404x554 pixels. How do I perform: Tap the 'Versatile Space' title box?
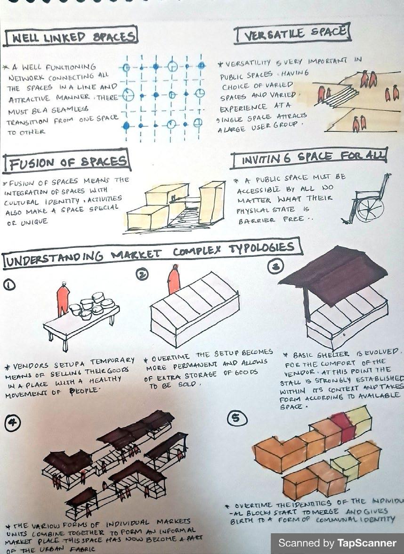point(292,33)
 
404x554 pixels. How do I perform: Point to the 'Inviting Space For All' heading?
point(309,157)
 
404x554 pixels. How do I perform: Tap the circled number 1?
point(9,285)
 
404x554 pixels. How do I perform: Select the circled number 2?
point(142,274)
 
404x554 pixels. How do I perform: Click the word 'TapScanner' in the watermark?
point(367,543)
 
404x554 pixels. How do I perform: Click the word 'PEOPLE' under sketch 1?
point(85,391)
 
